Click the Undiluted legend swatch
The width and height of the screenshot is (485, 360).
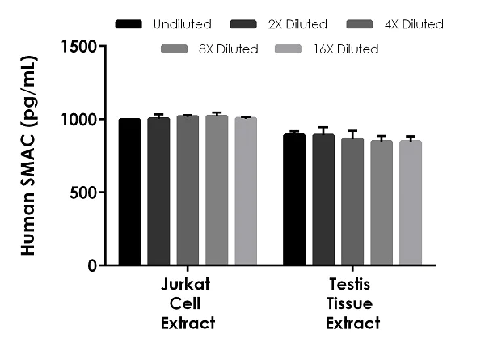129,24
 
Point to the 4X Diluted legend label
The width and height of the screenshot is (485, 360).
414,24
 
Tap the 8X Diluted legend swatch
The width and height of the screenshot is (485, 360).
175,49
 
